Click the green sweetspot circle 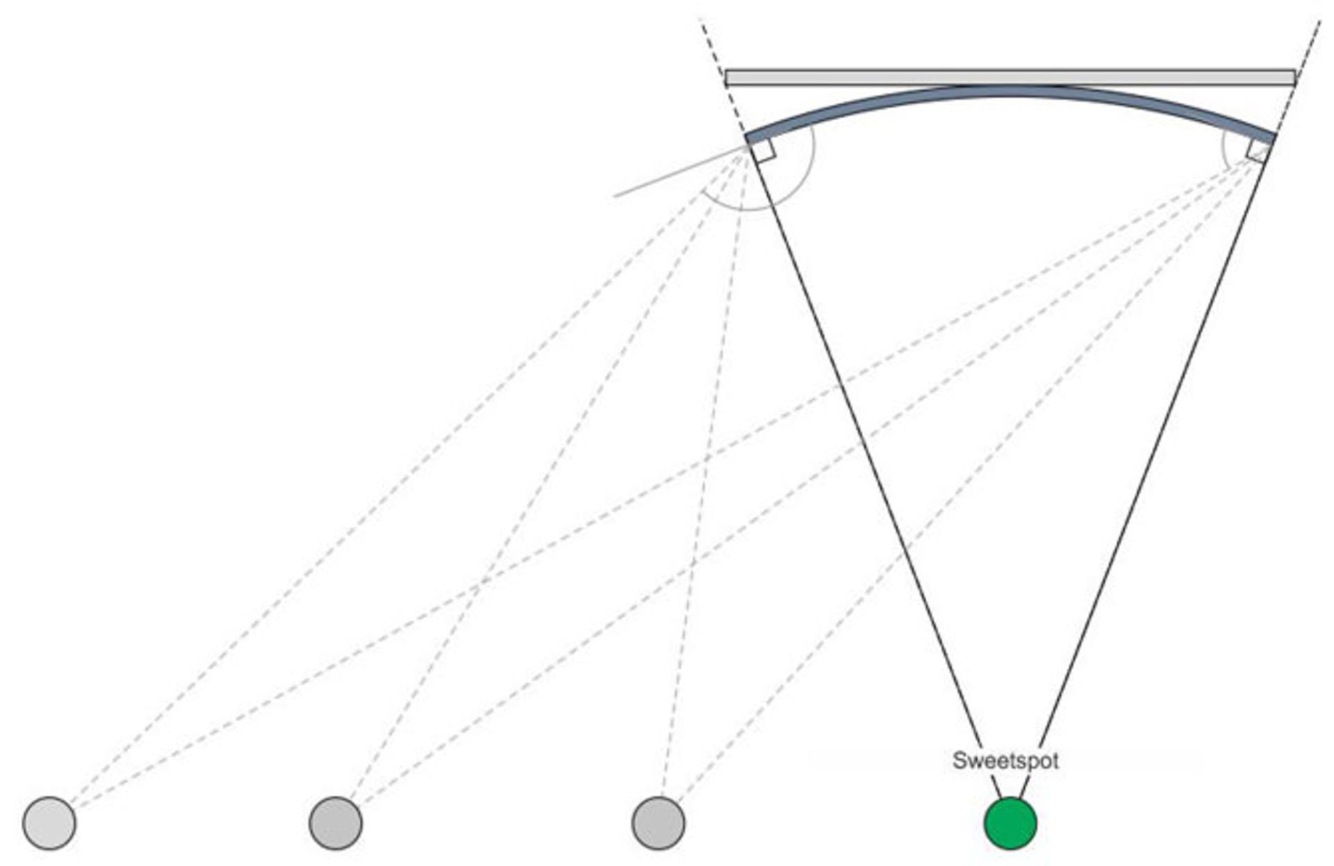point(1010,823)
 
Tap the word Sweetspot point(1005,760)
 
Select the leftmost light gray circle point(49,823)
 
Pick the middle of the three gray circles point(336,823)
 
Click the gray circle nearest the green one point(658,823)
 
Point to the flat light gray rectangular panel point(1010,77)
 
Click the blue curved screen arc point(1010,91)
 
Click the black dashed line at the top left point(723,77)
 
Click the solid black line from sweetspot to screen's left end point(874,467)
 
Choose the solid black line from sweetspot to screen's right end point(1146,467)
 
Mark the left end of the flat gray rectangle point(725,77)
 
